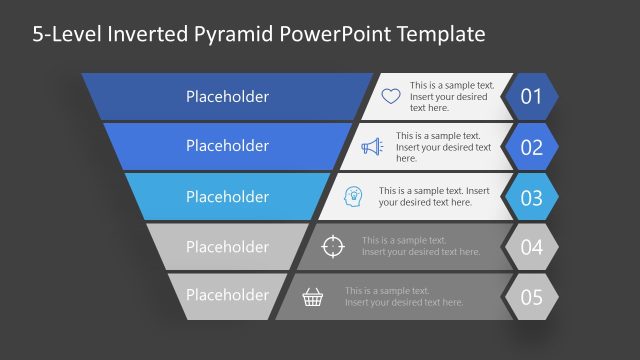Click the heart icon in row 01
point(391,96)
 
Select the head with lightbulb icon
point(353,196)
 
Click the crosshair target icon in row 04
point(334,246)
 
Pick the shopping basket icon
point(313,296)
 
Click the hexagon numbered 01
point(531,97)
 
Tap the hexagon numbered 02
point(531,147)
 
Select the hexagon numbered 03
point(531,197)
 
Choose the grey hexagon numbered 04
point(531,247)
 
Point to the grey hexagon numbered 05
point(531,297)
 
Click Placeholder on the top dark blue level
point(227,97)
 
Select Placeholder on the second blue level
point(227,146)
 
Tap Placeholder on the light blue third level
point(227,197)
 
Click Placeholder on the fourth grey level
point(227,247)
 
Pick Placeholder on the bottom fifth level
point(227,296)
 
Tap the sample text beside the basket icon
point(404,296)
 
